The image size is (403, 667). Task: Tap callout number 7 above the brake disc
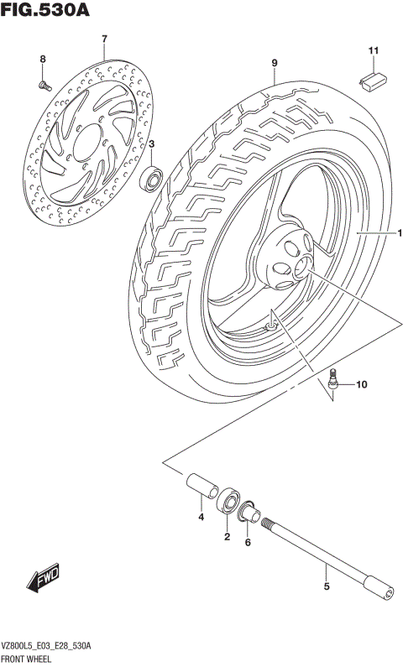click(104, 39)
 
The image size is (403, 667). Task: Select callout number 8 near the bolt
click(42, 58)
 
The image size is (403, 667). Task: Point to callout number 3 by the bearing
click(152, 145)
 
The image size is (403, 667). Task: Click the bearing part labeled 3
click(153, 178)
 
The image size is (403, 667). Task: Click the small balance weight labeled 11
click(372, 79)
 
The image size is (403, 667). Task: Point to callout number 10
click(361, 386)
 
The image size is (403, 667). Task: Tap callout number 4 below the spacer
click(201, 518)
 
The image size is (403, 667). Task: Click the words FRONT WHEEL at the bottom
click(29, 658)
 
